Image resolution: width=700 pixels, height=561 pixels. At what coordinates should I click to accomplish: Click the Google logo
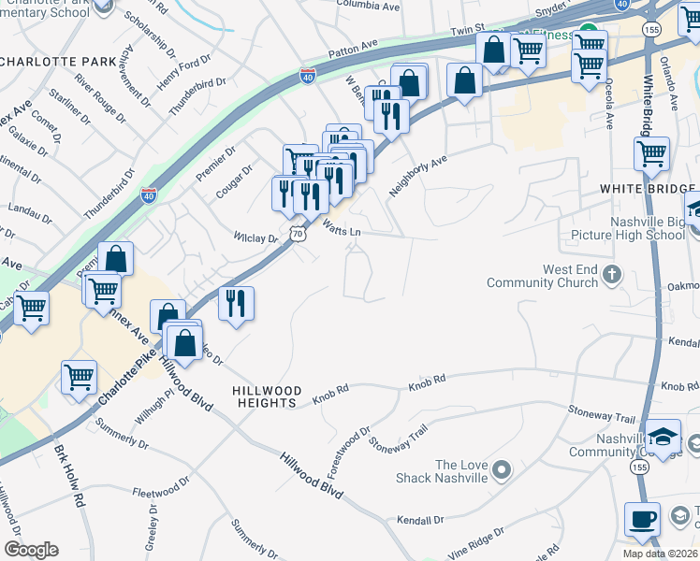31,550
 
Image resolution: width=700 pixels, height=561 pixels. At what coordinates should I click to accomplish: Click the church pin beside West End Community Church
612,274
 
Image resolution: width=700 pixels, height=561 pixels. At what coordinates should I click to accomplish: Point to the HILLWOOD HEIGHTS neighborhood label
268,396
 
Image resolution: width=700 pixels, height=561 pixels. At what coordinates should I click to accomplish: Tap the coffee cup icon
642,518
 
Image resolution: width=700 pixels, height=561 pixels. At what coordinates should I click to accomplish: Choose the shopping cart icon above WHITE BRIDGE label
651,152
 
